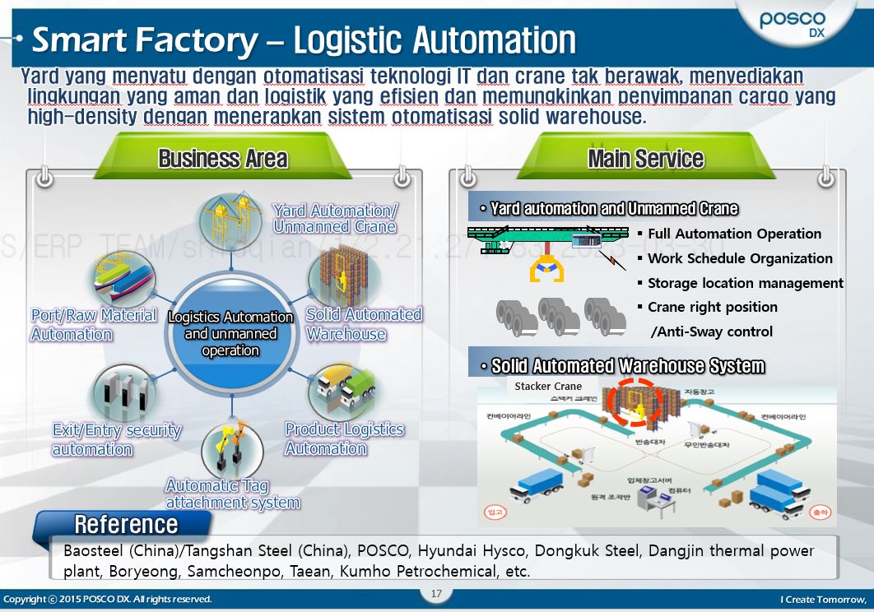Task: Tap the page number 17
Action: coord(436,594)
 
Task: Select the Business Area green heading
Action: coord(222,158)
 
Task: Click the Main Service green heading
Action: coord(645,158)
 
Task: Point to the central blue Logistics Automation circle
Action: coord(230,333)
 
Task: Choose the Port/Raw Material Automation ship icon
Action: coord(123,280)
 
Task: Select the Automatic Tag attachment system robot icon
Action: coord(232,449)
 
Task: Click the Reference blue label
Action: coord(125,524)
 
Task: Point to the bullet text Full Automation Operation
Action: coord(734,234)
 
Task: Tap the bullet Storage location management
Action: coord(745,283)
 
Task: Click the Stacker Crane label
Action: coord(548,386)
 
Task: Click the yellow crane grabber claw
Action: coord(545,269)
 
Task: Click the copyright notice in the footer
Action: coord(107,599)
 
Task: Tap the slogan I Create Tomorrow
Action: coord(823,599)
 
